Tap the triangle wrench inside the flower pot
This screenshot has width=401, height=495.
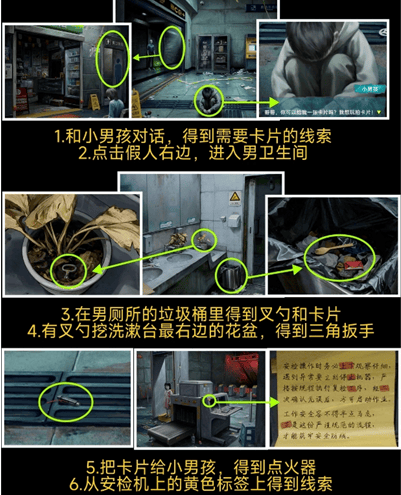[68, 268]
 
